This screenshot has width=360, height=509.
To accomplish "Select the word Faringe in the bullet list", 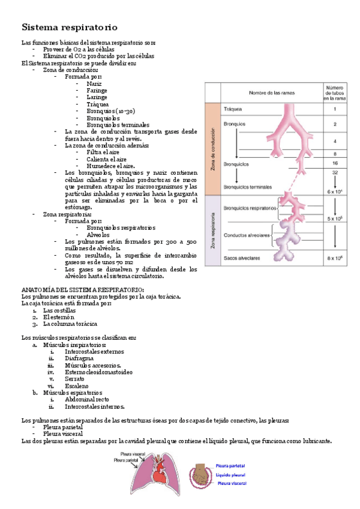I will [97, 90].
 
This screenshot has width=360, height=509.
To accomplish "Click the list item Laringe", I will [97, 97].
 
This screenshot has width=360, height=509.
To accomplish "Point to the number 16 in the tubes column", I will [334, 163].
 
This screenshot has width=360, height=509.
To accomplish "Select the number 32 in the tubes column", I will [334, 172].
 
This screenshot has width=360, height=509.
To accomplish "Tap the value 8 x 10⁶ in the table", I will [334, 258].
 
